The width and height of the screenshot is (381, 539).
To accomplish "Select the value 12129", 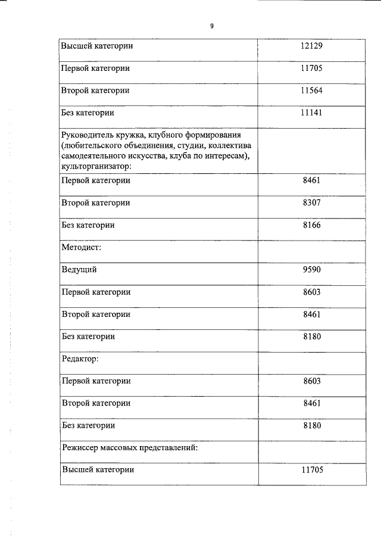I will point(312,46).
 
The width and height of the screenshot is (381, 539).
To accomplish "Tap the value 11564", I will point(312,91).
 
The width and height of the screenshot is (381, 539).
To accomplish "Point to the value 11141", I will point(312,112).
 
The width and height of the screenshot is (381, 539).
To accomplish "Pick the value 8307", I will point(312,202).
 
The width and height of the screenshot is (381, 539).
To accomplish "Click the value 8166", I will point(312,225).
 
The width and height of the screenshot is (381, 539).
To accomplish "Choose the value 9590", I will point(312,270).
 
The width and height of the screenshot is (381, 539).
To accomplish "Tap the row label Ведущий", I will point(79,270).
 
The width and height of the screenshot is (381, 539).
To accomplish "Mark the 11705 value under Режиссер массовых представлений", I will point(312,470).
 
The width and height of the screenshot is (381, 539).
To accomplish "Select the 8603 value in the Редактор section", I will point(312,381).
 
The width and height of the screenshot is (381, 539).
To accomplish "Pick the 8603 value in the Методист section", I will point(312,292).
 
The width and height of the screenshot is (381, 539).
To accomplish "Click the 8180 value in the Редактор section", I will point(312,425).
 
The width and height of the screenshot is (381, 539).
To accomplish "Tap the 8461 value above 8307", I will point(312,180).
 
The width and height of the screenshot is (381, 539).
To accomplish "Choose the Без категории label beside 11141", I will point(88,112).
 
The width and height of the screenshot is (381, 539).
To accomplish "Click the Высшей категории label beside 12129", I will point(97,46).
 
